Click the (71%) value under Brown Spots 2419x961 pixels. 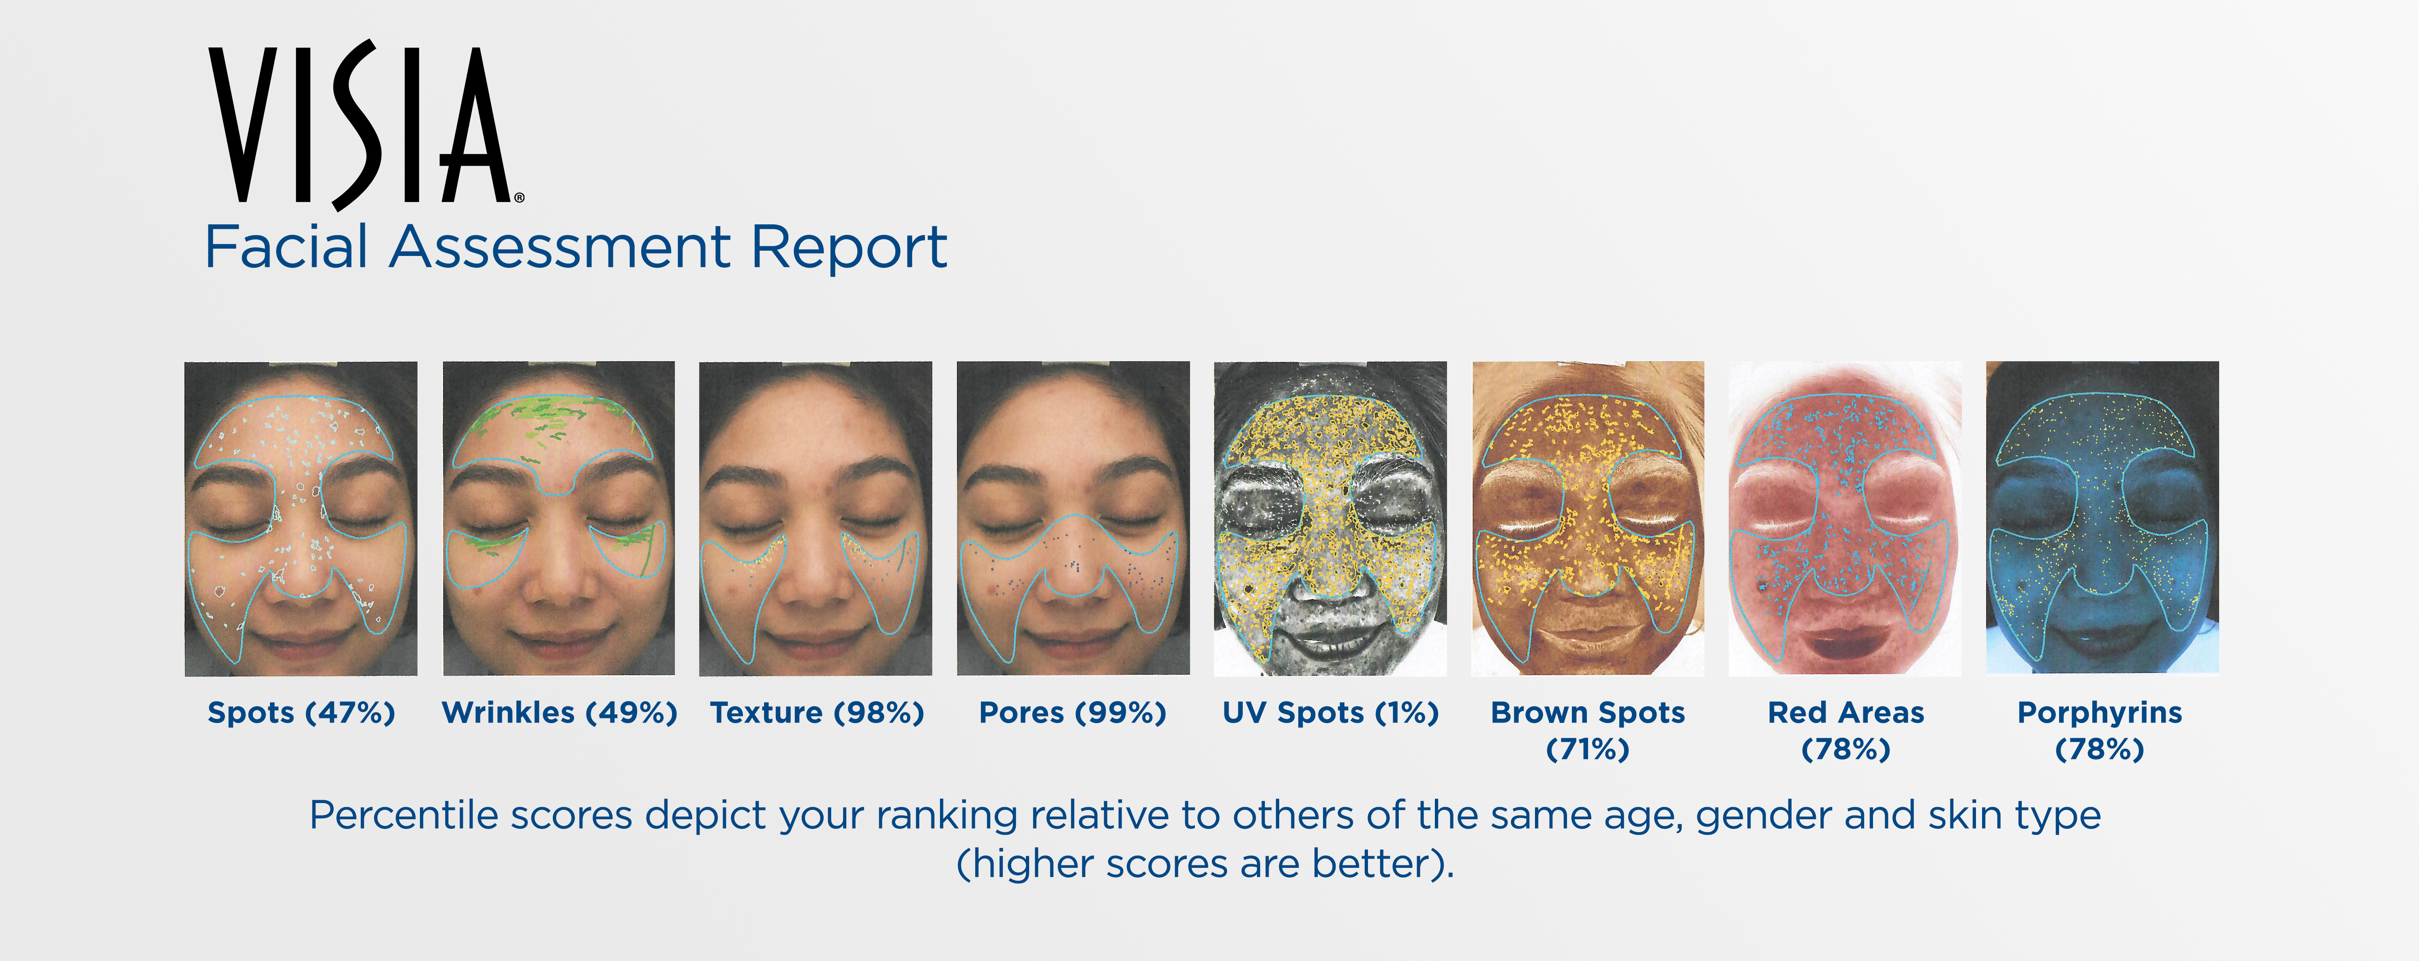pyautogui.click(x=1588, y=749)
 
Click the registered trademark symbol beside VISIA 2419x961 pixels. pyautogui.click(x=519, y=198)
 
